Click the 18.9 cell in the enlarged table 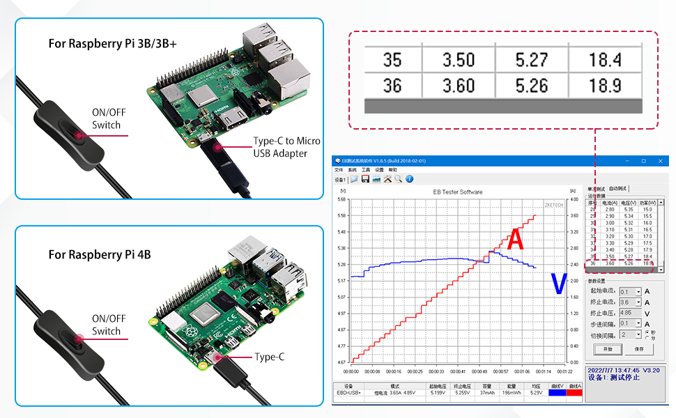(x=605, y=86)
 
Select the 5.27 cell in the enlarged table (x=532, y=60)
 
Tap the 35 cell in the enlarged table (x=392, y=60)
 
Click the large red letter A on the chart (x=515, y=240)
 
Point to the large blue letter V (x=558, y=284)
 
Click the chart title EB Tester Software (x=457, y=192)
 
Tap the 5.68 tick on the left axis (x=341, y=199)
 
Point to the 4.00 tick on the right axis (x=574, y=199)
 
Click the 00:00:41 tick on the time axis (x=458, y=371)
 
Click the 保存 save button (x=639, y=349)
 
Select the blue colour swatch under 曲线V (x=558, y=393)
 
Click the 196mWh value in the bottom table (x=511, y=393)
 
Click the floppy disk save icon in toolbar (x=365, y=179)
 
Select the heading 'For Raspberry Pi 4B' (x=100, y=255)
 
